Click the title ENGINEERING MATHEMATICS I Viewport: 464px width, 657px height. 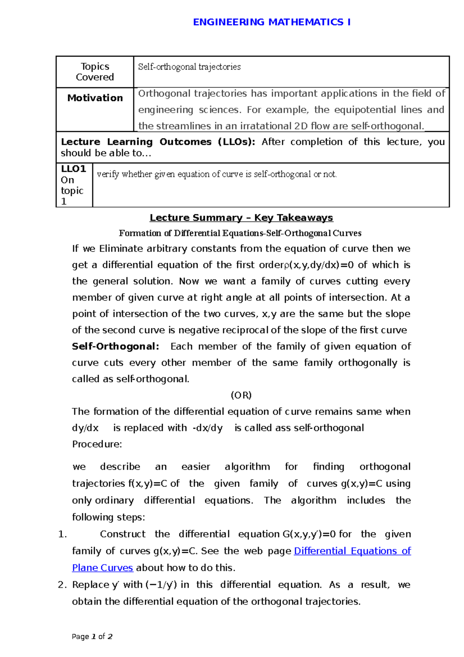click(x=271, y=22)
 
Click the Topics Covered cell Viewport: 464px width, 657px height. click(x=95, y=72)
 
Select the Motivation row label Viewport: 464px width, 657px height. click(x=95, y=98)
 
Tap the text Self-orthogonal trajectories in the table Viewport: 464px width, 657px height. click(x=189, y=67)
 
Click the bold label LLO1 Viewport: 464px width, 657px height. click(x=73, y=169)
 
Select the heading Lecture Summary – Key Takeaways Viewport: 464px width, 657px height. click(x=241, y=218)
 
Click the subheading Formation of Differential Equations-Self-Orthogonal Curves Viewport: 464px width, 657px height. click(x=240, y=233)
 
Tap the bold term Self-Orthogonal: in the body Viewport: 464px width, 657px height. click(x=115, y=346)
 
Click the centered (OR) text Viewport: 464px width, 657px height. click(x=241, y=395)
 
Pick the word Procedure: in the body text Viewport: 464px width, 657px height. click(x=97, y=444)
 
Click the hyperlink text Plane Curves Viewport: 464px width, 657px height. click(x=102, y=568)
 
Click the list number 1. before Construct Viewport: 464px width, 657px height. click(x=63, y=534)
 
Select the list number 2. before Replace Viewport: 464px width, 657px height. click(x=63, y=585)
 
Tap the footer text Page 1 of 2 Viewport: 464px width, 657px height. click(x=92, y=636)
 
